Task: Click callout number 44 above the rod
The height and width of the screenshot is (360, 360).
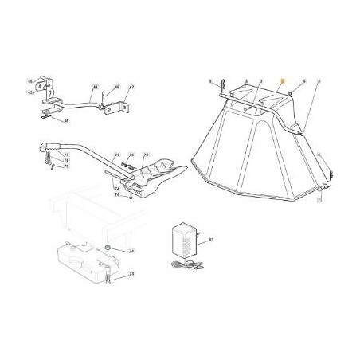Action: coord(94,86)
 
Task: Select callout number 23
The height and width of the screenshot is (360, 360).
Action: coord(131,273)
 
